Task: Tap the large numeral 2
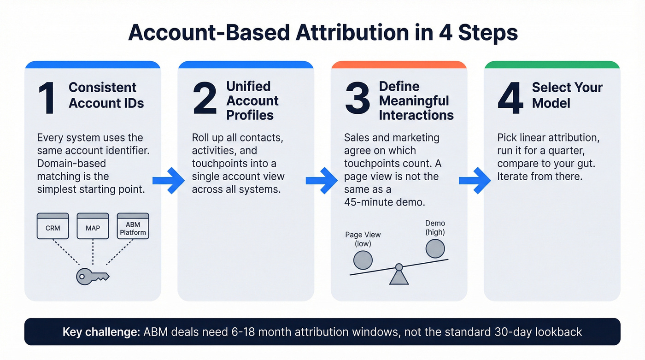[205, 99]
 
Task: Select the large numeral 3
[358, 99]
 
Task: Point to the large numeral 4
[510, 99]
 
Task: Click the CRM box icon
[53, 226]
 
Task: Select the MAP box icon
[93, 226]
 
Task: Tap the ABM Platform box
[133, 226]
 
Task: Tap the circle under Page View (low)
[363, 260]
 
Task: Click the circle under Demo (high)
[435, 248]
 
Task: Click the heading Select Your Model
[567, 95]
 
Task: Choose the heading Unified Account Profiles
[252, 100]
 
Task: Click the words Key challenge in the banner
[100, 332]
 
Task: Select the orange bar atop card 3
[399, 65]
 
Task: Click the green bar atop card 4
[552, 65]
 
